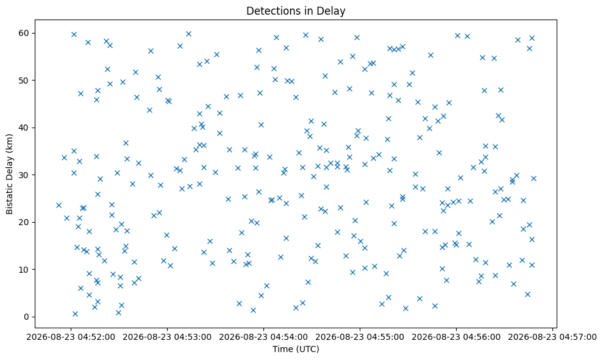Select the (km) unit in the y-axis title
(9, 143)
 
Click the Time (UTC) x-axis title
(296, 349)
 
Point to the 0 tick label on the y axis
(27, 317)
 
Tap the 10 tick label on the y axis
(24, 270)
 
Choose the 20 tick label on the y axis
(24, 222)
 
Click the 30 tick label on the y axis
(24, 175)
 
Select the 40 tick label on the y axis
(24, 128)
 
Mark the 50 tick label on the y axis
(24, 81)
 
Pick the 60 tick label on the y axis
(24, 33)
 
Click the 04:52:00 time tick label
(71, 337)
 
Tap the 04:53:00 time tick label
(167, 337)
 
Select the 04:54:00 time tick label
(263, 337)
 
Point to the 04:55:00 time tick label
(360, 337)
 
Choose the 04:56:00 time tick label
(456, 337)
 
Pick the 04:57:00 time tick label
(552, 337)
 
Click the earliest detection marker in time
(59, 205)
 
